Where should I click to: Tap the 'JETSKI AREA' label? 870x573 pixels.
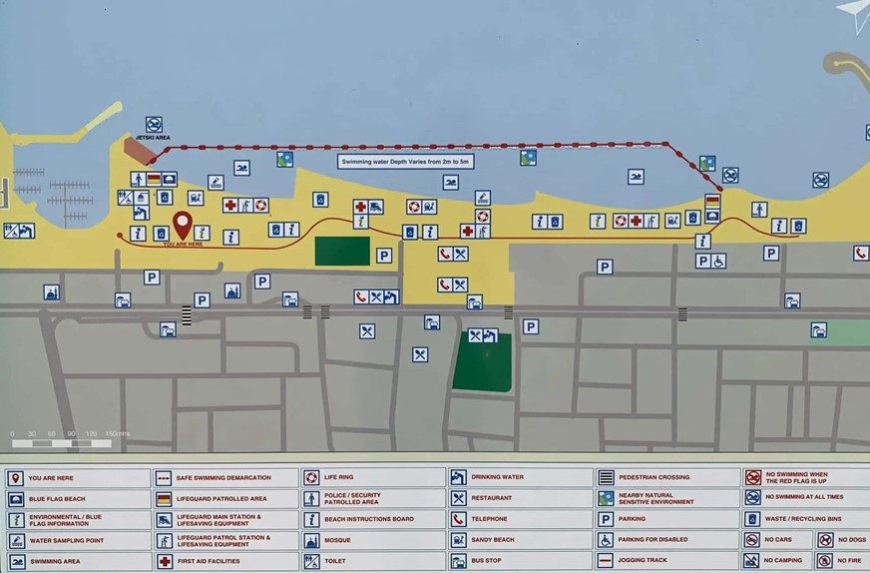154,138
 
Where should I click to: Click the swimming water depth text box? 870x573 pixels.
405,161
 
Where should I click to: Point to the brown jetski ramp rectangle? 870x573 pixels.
139,152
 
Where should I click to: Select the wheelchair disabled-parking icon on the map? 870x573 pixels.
718,261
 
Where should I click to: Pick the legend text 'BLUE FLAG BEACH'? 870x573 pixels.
57,499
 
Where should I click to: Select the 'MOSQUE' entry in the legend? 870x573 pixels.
337,541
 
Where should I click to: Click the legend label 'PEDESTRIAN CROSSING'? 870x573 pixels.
653,478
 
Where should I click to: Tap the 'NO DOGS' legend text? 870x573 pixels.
847,541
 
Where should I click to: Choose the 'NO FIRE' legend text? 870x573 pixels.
847,561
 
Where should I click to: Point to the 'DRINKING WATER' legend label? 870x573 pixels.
498,478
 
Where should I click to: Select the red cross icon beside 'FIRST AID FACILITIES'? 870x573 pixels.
164,561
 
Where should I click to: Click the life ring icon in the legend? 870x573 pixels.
311,478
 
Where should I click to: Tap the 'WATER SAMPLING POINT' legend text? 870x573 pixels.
67,541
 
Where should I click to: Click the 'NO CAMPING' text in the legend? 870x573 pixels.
783,561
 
